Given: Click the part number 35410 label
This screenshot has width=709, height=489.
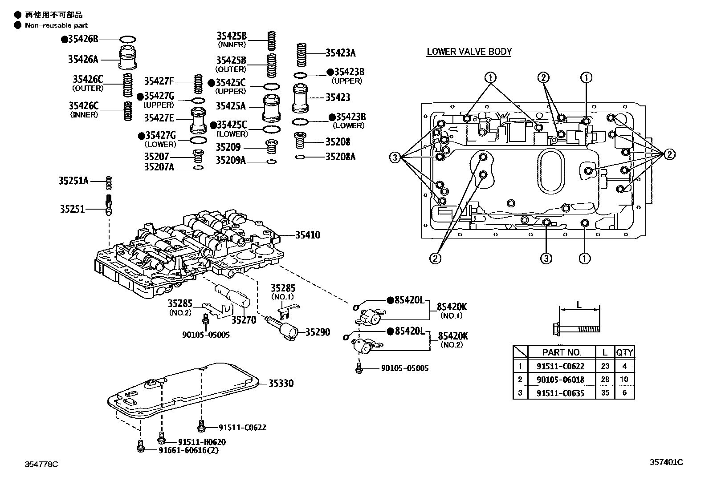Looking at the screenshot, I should [307, 235].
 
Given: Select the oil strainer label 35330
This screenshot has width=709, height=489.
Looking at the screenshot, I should [281, 384].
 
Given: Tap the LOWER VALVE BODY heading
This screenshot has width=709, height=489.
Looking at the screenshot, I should [469, 52].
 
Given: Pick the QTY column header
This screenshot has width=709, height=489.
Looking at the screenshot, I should [624, 352].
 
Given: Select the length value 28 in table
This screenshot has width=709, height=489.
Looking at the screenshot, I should [605, 380].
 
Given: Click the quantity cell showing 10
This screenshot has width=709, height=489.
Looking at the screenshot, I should [624, 380].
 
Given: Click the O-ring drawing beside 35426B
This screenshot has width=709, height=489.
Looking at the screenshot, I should [128, 39].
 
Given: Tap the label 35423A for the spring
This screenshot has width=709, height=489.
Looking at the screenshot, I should [340, 53].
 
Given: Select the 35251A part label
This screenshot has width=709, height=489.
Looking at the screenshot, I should [73, 181].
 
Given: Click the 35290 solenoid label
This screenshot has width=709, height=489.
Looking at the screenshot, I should [318, 332].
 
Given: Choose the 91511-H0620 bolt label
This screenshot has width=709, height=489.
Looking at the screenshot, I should [202, 442].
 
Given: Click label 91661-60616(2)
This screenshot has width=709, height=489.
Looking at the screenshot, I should [189, 450].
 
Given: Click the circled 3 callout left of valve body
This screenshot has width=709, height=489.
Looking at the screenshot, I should [395, 157].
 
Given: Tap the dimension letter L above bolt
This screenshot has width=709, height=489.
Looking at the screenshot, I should [579, 305].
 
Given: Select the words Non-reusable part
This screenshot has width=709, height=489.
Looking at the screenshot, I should [56, 25].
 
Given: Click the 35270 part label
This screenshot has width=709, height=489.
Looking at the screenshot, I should [244, 319].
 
